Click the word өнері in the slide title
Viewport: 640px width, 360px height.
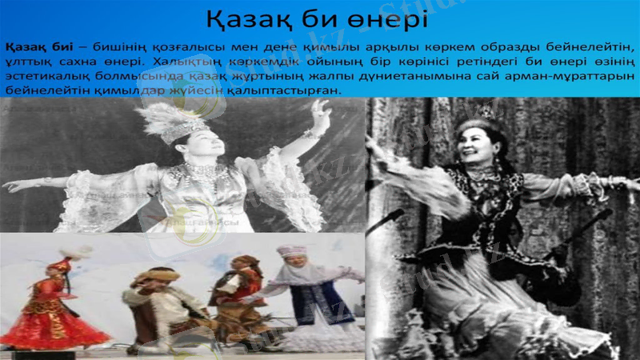coord(384,18)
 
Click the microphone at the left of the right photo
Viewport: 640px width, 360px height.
coord(386,219)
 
